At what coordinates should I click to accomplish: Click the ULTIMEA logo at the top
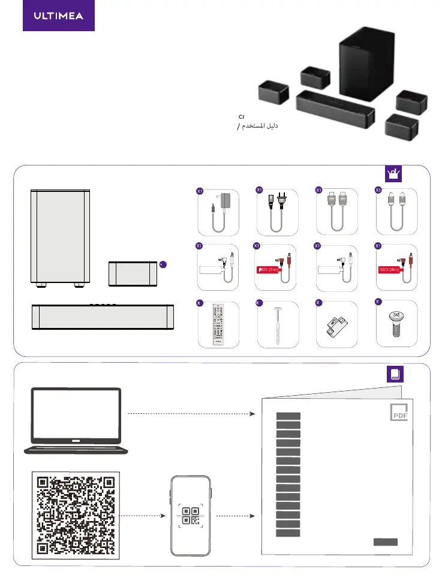coord(59,16)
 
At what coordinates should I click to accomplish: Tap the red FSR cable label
coord(270,270)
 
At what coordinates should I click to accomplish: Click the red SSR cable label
coord(389,270)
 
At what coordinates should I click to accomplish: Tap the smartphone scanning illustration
coord(191,516)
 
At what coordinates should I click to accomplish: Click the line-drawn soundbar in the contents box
coord(102,317)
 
